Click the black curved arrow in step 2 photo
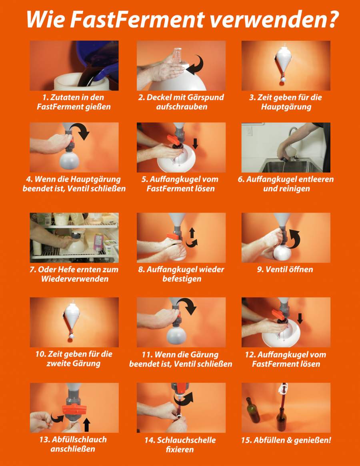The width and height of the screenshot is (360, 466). tap(196, 65)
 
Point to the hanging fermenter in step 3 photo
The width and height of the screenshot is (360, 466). tap(284, 62)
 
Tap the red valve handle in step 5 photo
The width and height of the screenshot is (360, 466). tap(173, 139)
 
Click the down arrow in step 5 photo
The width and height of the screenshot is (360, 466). tap(195, 143)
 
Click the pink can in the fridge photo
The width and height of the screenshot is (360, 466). tap(98, 242)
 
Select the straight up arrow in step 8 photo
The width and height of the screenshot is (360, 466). tap(192, 233)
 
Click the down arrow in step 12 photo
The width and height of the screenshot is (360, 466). tap(300, 318)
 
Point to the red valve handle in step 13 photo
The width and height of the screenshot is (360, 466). tap(74, 409)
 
